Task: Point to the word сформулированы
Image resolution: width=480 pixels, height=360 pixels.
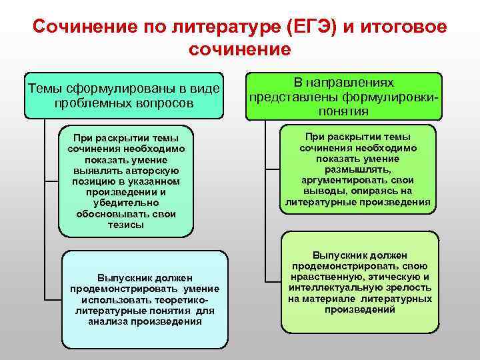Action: click(110, 89)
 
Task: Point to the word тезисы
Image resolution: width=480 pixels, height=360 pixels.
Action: click(125, 225)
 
